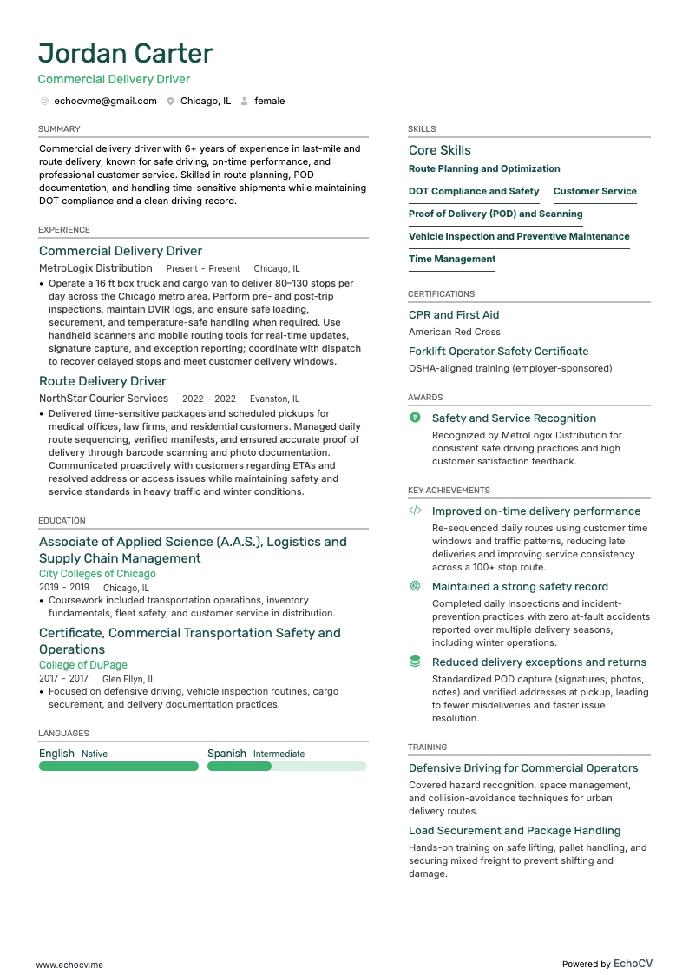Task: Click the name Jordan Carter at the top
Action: pos(126,54)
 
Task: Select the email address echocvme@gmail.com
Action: pos(105,101)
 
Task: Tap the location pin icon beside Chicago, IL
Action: pos(171,102)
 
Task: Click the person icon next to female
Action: pos(245,102)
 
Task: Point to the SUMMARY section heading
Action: pos(59,129)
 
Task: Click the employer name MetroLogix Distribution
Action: pos(95,268)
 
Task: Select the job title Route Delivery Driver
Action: pos(102,381)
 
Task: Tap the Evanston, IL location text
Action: pos(275,399)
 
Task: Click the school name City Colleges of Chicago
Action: pos(97,574)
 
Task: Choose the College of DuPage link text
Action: pos(83,665)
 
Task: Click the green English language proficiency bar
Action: pos(119,767)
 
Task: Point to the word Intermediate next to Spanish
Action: pos(279,754)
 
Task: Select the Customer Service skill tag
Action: pos(594,191)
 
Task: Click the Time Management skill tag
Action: pos(452,259)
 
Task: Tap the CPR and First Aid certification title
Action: pos(454,315)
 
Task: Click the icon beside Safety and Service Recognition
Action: pos(415,418)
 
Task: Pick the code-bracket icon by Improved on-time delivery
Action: pos(415,511)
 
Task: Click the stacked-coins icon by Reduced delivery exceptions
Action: pos(415,662)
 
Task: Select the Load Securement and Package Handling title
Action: pos(515,831)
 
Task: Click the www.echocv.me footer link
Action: pos(69,965)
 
